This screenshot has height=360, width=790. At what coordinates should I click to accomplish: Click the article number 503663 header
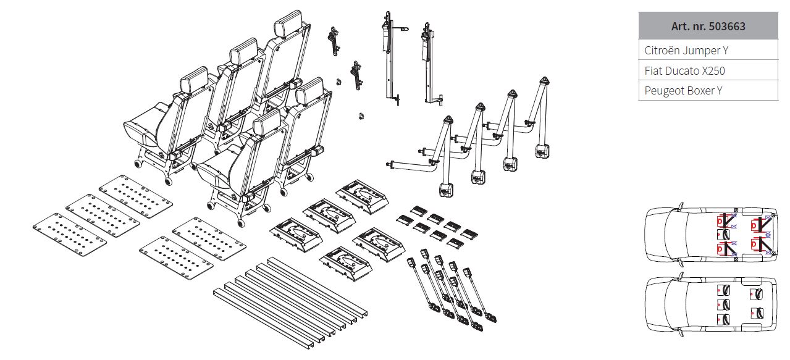[x=708, y=26]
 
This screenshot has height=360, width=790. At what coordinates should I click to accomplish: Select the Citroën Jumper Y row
[x=708, y=51]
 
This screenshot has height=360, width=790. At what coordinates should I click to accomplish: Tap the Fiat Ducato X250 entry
[x=708, y=70]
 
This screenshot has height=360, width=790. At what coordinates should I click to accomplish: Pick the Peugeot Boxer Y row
[x=708, y=91]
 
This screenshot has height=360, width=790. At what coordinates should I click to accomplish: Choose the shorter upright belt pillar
[x=427, y=62]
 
